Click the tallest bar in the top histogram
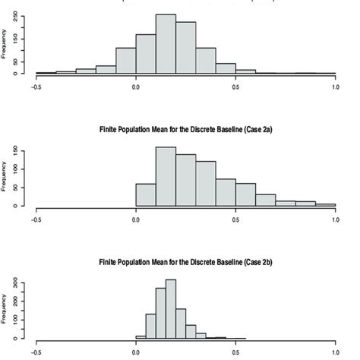pyautogui.click(x=166, y=45)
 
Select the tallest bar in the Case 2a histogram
pyautogui.click(x=166, y=176)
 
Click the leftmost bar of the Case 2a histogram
pyautogui.click(x=146, y=194)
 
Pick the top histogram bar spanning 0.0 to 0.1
pyautogui.click(x=146, y=55)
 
